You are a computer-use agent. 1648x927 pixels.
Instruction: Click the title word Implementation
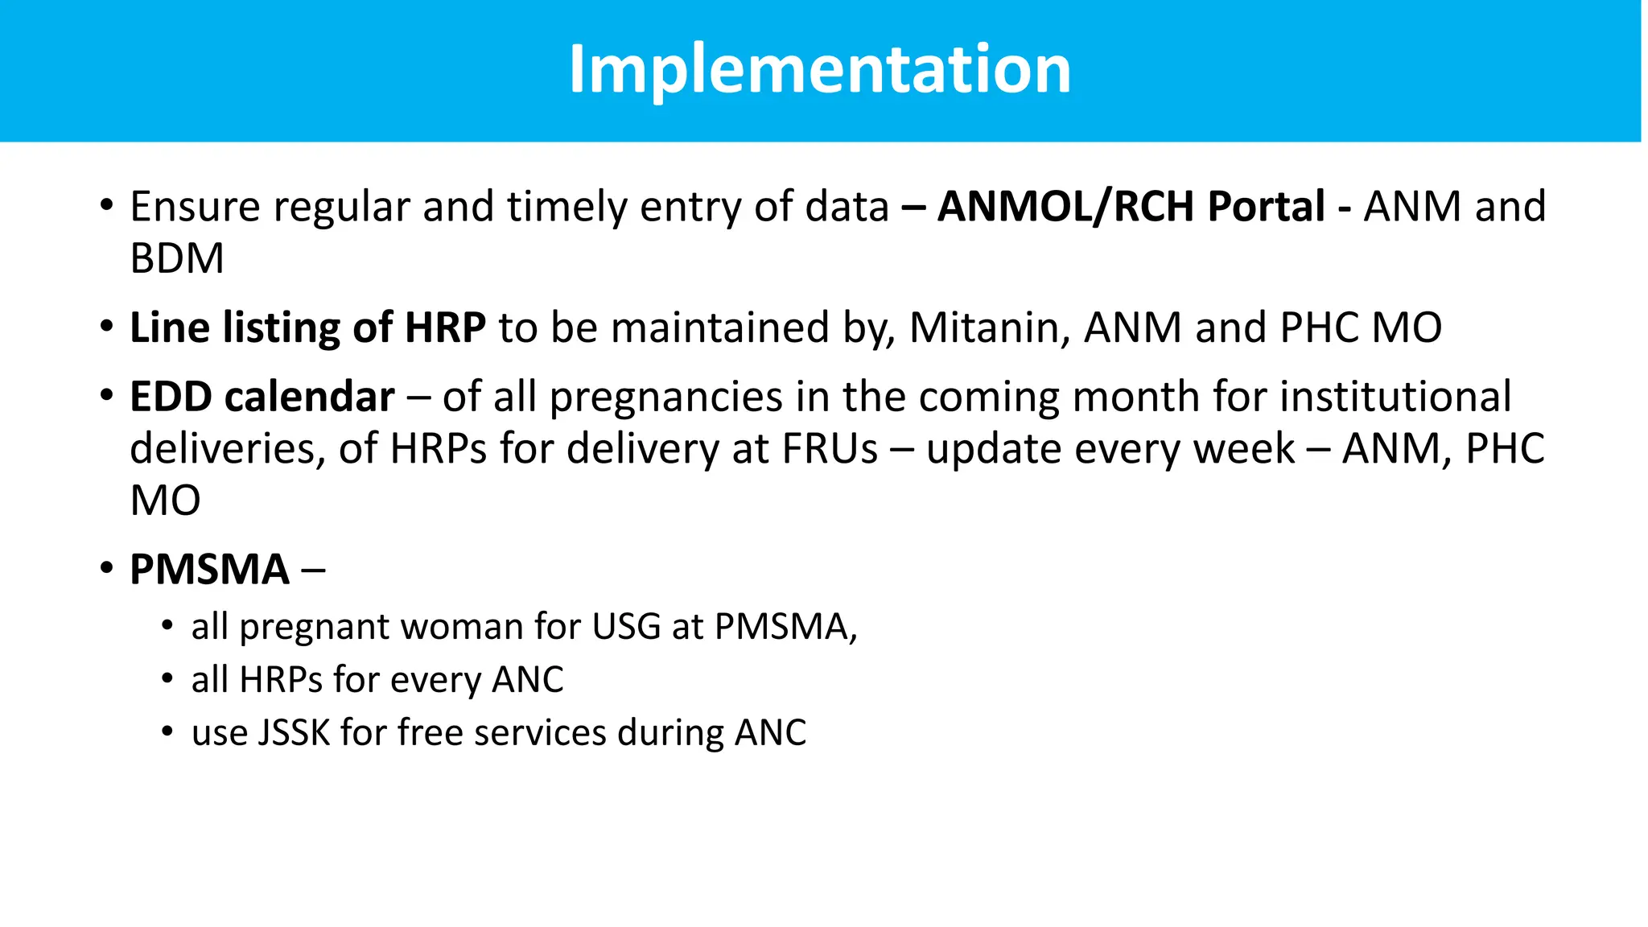pyautogui.click(x=819, y=69)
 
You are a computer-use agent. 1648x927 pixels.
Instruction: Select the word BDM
pyautogui.click(x=177, y=258)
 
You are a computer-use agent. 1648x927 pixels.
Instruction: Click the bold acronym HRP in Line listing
pyautogui.click(x=445, y=328)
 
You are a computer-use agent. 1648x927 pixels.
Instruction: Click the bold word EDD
pyautogui.click(x=171, y=397)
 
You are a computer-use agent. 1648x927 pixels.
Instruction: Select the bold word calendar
pyautogui.click(x=310, y=397)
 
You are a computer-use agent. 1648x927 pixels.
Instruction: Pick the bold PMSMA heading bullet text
pyautogui.click(x=209, y=570)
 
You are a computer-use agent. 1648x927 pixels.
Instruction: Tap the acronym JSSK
pyautogui.click(x=294, y=733)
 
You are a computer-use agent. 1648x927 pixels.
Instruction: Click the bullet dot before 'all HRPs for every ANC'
pyautogui.click(x=167, y=679)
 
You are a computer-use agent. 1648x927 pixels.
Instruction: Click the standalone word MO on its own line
pyautogui.click(x=165, y=501)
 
